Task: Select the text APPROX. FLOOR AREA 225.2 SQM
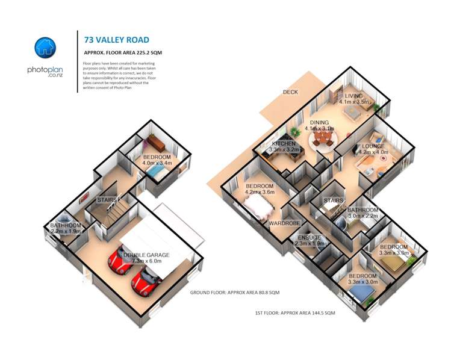tap(123, 54)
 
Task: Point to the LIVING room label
tap(353, 96)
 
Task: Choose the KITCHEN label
tap(284, 144)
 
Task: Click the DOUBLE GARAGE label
tap(146, 255)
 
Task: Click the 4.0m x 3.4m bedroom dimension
tap(157, 163)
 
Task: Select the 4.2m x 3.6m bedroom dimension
tap(260, 193)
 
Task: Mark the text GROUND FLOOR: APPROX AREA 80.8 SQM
tap(234, 293)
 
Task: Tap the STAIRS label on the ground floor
tap(107, 199)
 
